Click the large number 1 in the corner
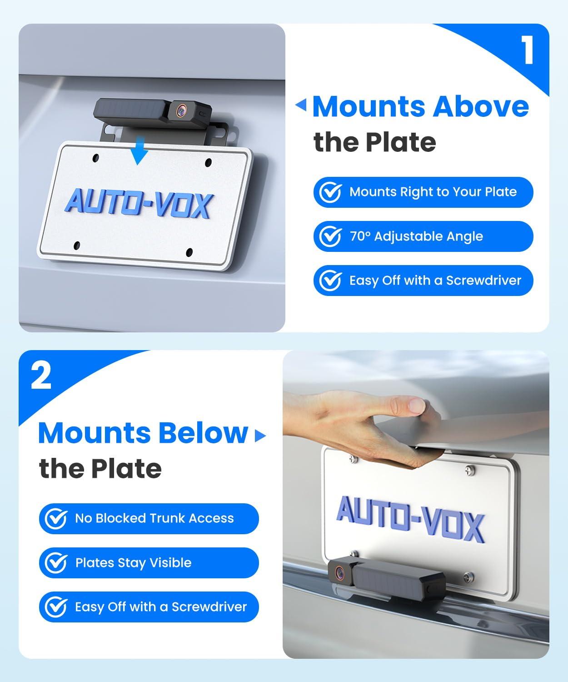(527, 51)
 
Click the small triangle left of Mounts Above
(301, 106)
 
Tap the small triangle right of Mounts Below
(260, 436)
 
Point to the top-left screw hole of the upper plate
(95, 158)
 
